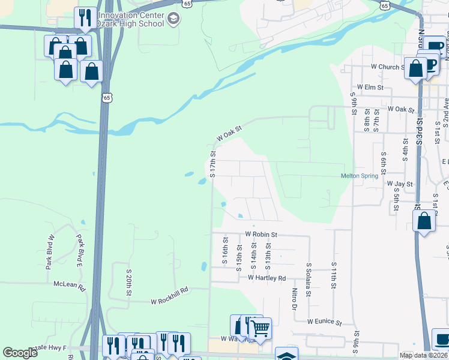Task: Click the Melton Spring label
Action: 360,176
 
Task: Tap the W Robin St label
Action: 261,234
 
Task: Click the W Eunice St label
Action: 324,322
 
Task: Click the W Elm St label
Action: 370,87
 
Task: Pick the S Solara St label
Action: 309,280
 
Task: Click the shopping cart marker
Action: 260,329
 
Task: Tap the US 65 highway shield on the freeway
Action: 106,98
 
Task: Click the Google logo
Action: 20,353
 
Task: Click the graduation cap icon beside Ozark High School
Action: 173,20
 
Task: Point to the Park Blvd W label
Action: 52,251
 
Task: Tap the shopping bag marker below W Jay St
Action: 424,221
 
